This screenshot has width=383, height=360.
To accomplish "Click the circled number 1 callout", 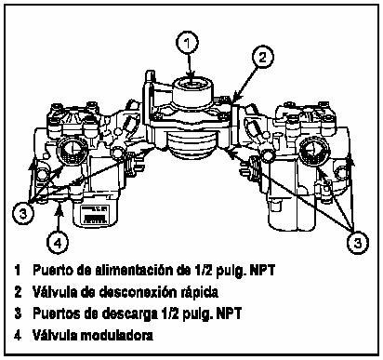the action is pyautogui.click(x=189, y=42).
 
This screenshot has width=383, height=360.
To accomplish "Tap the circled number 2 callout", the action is pyautogui.click(x=264, y=58).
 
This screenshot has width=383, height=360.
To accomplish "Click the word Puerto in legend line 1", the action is pyautogui.click(x=53, y=271).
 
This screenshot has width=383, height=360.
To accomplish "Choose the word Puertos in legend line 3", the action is pyautogui.click(x=57, y=313).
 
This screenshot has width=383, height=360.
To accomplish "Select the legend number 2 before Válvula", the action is pyautogui.click(x=19, y=291).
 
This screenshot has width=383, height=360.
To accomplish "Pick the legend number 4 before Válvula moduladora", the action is pyautogui.click(x=19, y=334).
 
